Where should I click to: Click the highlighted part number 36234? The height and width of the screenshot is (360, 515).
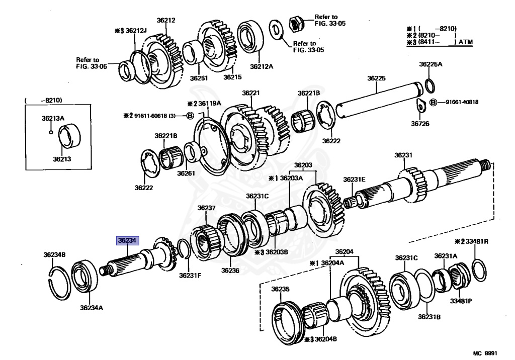point(127,240)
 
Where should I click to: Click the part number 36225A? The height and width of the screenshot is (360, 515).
point(431,64)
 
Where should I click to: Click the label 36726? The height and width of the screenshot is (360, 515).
point(420,124)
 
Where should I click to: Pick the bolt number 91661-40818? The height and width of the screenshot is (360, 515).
point(462,102)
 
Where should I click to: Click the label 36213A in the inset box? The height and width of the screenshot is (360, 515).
point(53,118)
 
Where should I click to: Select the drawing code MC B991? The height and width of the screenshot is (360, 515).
point(485,353)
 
